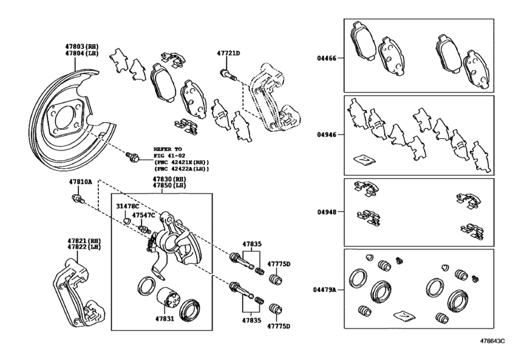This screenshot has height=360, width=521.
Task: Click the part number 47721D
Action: pyautogui.click(x=228, y=53)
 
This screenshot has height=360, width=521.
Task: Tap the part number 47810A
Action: pyautogui.click(x=80, y=182)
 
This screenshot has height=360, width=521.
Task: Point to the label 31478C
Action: pyautogui.click(x=127, y=206)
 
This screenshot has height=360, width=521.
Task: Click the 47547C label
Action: pyautogui.click(x=143, y=215)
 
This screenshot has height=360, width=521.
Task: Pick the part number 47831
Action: pyautogui.click(x=164, y=319)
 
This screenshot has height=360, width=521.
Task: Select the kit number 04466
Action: pyautogui.click(x=326, y=58)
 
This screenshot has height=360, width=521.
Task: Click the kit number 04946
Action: pyautogui.click(x=326, y=134)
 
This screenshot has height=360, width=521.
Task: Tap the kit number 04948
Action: pyautogui.click(x=326, y=212)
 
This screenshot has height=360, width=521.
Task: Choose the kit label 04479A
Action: pyautogui.click(x=324, y=290)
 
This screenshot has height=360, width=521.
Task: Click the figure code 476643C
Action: pyautogui.click(x=491, y=341)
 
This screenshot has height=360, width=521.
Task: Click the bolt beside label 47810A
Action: pyautogui.click(x=78, y=199)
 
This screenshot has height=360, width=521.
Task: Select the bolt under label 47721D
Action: pyautogui.click(x=228, y=75)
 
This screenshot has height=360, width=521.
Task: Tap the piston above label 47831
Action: pyautogui.click(x=168, y=301)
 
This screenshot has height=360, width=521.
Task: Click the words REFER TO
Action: pyautogui.click(x=168, y=149)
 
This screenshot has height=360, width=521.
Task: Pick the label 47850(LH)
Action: pyautogui.click(x=170, y=185)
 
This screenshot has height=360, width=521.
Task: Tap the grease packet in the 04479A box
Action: pyautogui.click(x=404, y=316)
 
